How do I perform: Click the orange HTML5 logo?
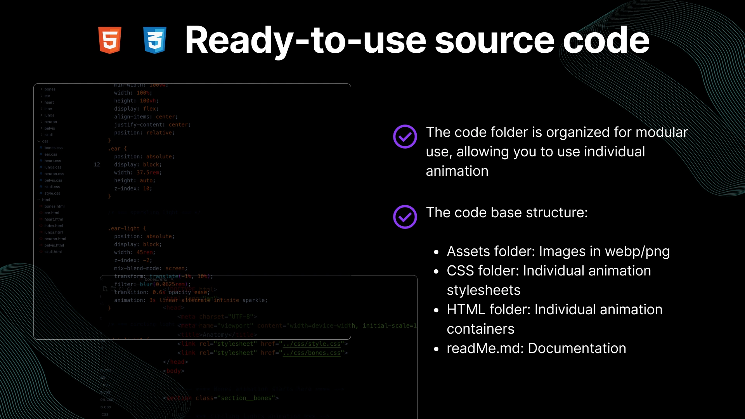110,40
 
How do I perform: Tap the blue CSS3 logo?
155,40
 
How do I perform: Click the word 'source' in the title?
495,40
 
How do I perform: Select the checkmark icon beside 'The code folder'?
405,137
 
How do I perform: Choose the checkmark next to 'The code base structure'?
405,217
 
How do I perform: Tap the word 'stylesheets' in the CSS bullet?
483,290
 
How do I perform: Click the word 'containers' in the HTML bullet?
480,329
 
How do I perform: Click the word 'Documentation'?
577,348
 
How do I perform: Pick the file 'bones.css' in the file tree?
53,148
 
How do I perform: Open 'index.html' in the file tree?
54,226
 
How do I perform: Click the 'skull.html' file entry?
53,252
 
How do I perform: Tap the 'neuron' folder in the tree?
50,122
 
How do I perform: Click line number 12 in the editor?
97,164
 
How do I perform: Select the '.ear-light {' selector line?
127,229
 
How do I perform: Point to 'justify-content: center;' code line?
152,125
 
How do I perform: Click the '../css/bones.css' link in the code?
312,353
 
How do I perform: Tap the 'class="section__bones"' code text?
237,398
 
